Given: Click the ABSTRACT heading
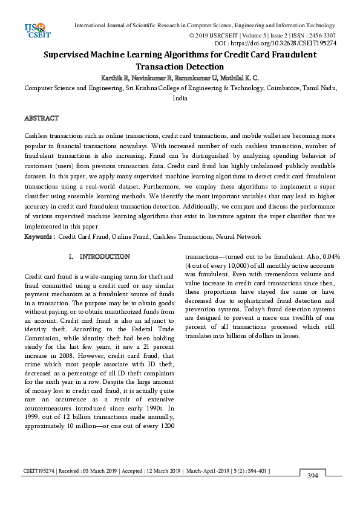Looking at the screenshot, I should click(x=41, y=118).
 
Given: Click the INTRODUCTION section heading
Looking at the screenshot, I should click(x=105, y=257).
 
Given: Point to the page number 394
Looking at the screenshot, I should click(x=313, y=476).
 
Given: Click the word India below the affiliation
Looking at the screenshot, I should click(x=180, y=97).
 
